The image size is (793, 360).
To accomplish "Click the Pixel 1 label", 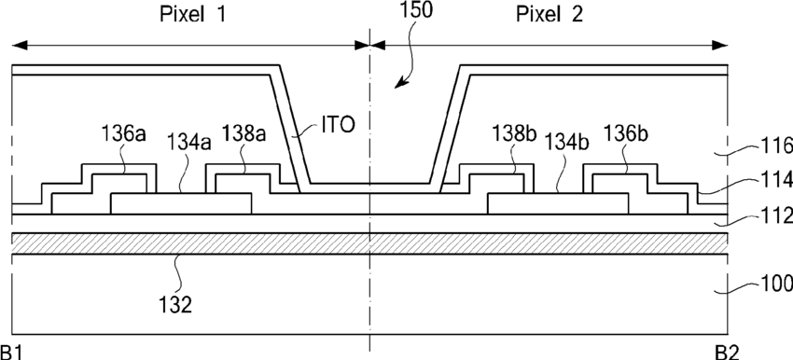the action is [192, 14].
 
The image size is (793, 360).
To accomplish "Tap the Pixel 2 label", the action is [550, 14].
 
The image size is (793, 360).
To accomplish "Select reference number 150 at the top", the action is [416, 10].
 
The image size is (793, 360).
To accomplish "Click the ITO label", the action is [339, 125].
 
